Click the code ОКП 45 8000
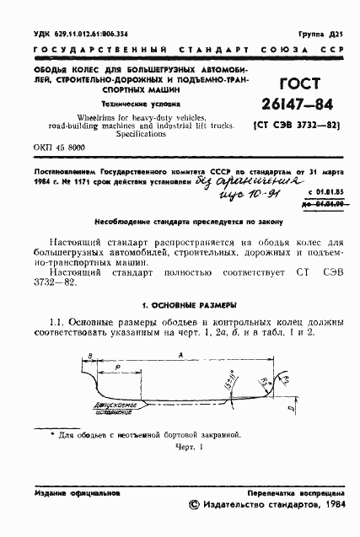click(60, 148)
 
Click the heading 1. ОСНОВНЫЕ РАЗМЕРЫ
click(178, 303)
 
